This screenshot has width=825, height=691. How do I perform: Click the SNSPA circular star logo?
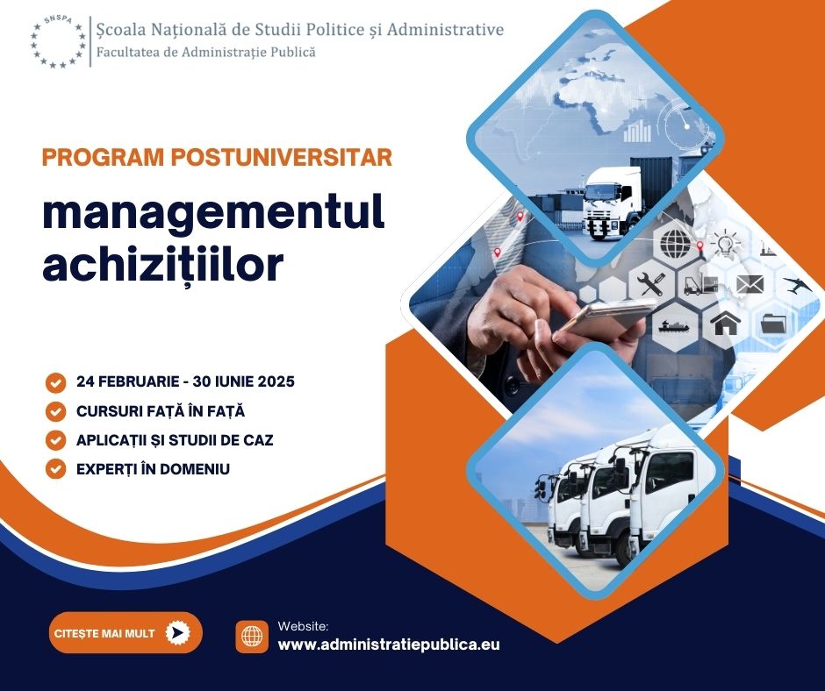coord(58,42)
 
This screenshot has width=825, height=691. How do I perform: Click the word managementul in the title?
coord(213,213)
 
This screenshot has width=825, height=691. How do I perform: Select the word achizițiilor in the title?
coord(162,265)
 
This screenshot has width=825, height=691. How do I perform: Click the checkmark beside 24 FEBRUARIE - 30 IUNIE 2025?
coord(55,383)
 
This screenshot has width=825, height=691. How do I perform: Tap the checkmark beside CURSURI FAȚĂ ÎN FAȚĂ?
coord(55,412)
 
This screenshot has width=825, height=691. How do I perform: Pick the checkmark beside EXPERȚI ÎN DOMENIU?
coord(55,469)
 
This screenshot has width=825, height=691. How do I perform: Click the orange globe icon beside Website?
coord(252,637)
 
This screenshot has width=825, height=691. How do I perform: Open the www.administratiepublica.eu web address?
coord(388,645)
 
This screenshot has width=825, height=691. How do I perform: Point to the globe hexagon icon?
coord(675,244)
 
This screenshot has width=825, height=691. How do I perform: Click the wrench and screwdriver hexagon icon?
coord(651,284)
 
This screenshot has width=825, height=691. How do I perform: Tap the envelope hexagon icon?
coord(750,284)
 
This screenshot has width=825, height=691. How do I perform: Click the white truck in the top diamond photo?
coord(613,203)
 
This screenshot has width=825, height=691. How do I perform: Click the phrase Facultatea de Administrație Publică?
coord(205,52)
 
